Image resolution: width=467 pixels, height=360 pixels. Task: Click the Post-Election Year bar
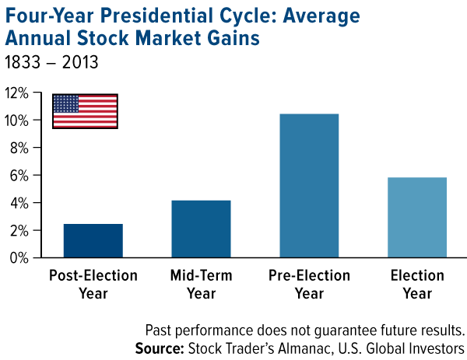click(93, 240)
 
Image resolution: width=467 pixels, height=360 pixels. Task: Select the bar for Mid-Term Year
click(201, 229)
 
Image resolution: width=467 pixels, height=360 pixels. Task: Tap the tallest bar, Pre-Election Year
click(309, 185)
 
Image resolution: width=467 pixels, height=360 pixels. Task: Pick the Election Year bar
click(416, 217)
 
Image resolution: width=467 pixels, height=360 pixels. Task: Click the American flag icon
click(85, 110)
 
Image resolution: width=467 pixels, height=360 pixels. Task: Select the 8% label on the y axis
click(19, 148)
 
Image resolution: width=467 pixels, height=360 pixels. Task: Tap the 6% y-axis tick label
click(19, 176)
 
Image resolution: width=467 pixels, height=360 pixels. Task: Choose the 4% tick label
click(19, 203)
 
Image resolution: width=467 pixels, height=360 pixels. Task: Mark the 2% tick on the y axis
click(19, 231)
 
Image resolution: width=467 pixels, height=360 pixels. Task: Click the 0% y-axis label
click(19, 258)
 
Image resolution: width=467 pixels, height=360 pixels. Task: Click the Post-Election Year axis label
click(93, 285)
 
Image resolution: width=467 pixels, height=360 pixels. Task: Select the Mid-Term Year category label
click(201, 285)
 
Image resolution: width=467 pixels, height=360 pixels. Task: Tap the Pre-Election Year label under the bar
click(309, 285)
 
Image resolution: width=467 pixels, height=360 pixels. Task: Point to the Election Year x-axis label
click(416, 285)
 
